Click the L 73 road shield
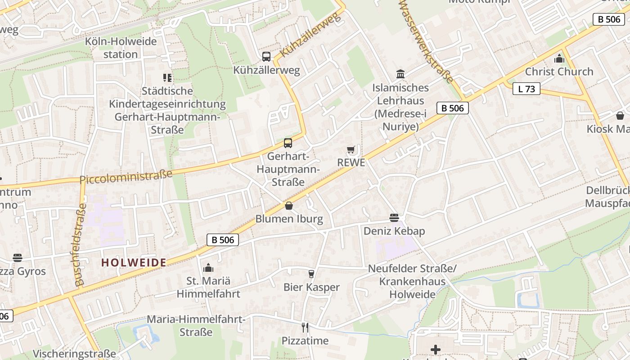[526, 89]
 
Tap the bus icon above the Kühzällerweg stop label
[266, 57]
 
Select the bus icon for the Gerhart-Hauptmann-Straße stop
[288, 143]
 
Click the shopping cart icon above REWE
[351, 149]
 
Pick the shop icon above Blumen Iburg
[289, 206]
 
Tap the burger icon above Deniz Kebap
[394, 218]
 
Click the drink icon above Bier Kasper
[311, 274]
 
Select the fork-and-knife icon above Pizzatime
[305, 327]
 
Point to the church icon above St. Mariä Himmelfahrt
[208, 268]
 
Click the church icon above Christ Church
[559, 58]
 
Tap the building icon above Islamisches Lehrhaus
[400, 74]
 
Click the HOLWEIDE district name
[134, 262]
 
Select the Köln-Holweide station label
[121, 48]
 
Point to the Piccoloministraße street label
[126, 176]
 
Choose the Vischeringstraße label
[74, 354]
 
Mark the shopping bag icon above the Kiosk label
[620, 116]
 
